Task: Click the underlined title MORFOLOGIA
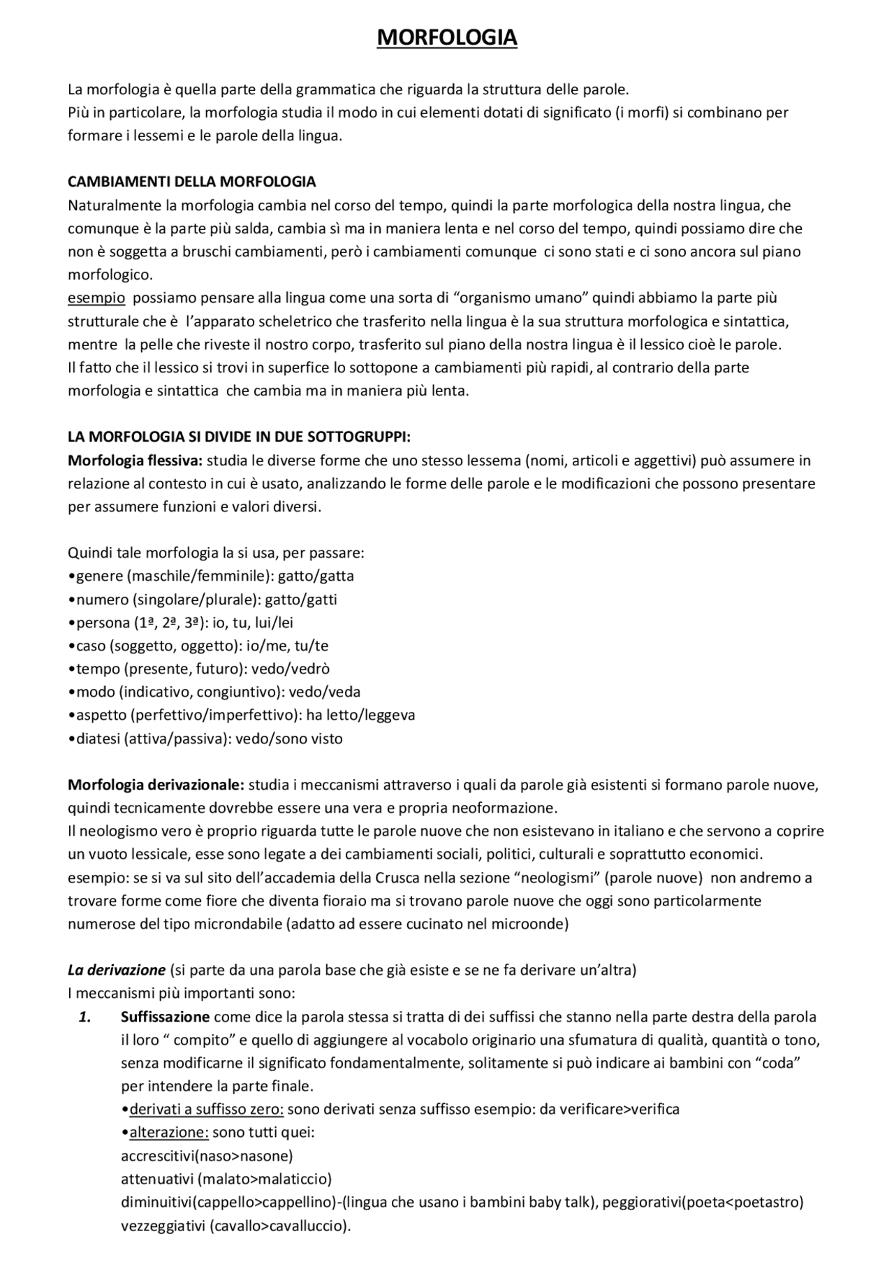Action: tap(447, 38)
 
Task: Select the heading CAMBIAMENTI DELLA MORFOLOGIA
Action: tap(191, 182)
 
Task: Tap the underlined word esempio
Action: tap(96, 298)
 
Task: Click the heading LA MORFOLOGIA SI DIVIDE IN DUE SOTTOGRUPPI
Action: tap(239, 437)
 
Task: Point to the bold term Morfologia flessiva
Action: tap(134, 460)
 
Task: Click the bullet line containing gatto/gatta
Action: tap(211, 576)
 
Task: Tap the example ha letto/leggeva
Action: tap(360, 715)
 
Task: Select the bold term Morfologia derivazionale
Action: tap(156, 785)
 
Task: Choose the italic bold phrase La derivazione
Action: tap(116, 971)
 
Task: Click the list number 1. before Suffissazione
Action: tap(85, 1017)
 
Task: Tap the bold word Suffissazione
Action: tap(165, 1017)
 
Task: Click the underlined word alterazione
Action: tap(168, 1133)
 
